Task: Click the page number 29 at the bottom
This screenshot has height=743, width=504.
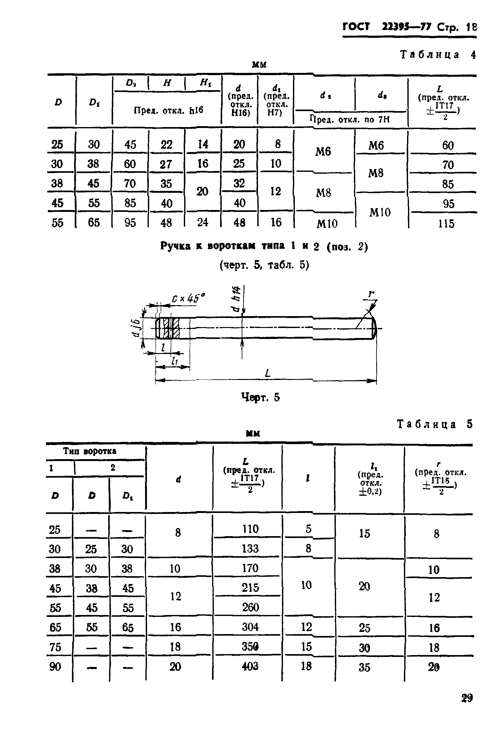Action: pos(466,698)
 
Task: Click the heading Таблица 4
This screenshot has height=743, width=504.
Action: pos(438,55)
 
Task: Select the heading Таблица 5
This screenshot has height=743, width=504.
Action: pos(434,424)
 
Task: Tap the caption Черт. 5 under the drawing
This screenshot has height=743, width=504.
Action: pos(260,397)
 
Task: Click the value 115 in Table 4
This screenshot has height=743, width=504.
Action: pos(446,223)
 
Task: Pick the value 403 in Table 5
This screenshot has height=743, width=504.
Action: pos(250,666)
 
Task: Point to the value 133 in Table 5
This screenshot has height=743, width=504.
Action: pos(250,549)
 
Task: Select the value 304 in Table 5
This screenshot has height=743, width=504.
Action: pos(250,627)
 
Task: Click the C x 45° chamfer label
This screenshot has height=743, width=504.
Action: pos(189,299)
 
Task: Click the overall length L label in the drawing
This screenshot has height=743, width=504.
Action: pos(268,373)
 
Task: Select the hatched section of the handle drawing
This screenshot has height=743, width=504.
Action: pos(171,328)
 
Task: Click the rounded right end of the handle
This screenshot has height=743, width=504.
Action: pos(374,328)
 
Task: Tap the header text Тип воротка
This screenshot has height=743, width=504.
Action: pos(89,451)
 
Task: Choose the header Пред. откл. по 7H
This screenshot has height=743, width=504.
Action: pos(350,120)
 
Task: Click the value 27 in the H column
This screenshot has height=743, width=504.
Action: pos(166,164)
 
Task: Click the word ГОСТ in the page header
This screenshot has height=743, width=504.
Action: pos(356,27)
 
